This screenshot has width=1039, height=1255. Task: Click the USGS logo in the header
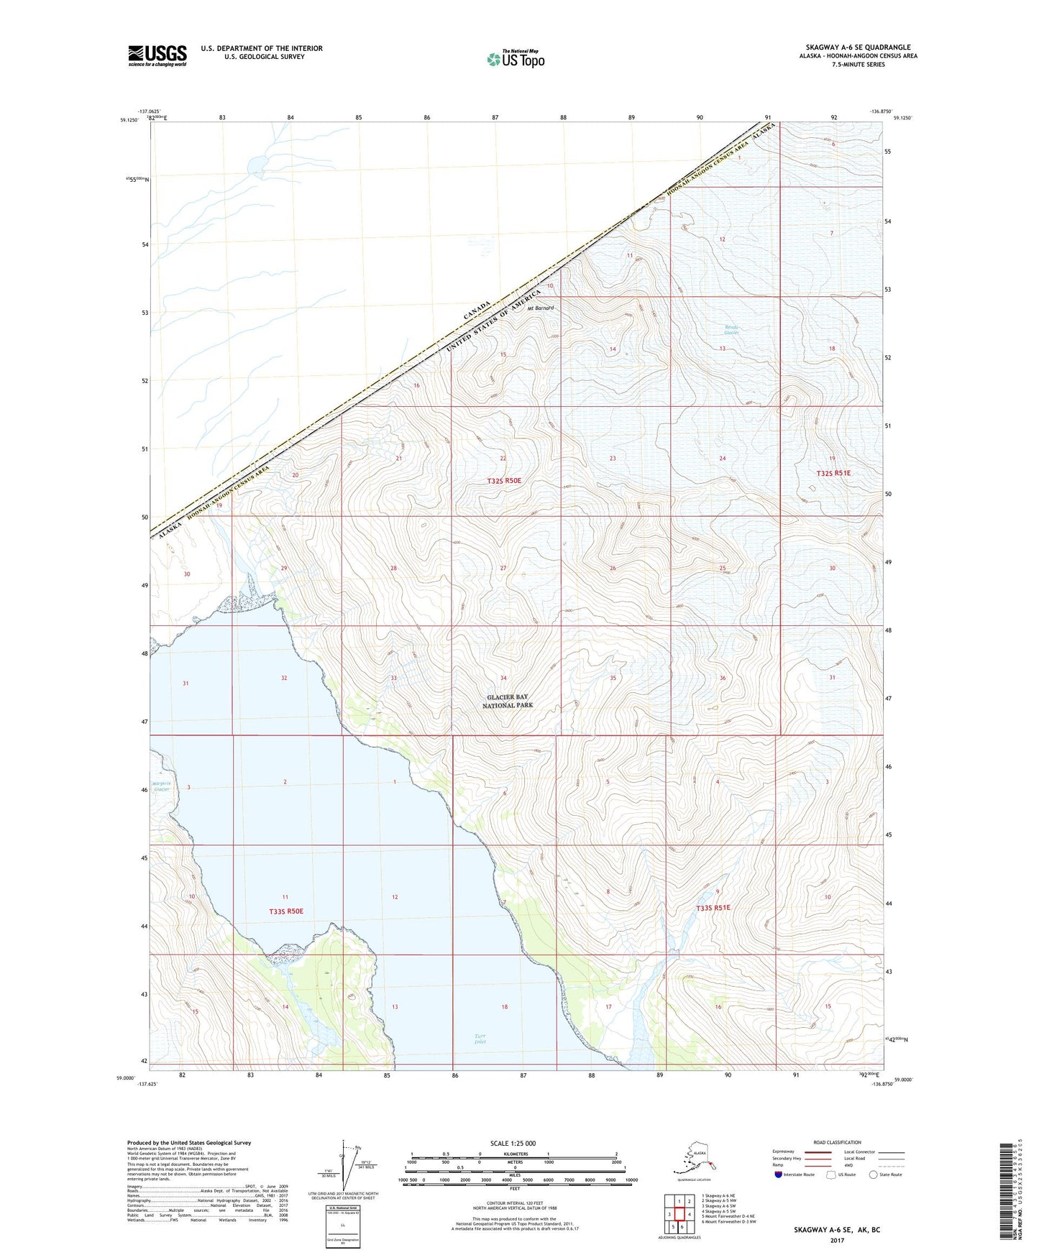157,55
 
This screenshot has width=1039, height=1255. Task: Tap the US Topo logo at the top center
515,58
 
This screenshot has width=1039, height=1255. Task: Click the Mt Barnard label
541,308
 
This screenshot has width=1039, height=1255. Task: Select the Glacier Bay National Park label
508,702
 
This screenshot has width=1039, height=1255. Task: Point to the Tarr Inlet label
480,1039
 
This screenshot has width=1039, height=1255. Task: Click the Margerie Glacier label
161,786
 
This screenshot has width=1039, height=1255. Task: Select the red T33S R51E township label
713,908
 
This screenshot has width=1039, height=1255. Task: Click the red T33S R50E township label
286,911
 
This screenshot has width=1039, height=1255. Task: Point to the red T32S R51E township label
833,473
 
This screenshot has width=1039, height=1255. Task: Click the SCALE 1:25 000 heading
513,1143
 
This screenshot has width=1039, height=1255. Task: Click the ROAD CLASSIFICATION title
837,1142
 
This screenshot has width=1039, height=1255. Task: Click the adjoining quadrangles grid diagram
679,1213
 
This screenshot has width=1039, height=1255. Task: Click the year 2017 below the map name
836,1240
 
